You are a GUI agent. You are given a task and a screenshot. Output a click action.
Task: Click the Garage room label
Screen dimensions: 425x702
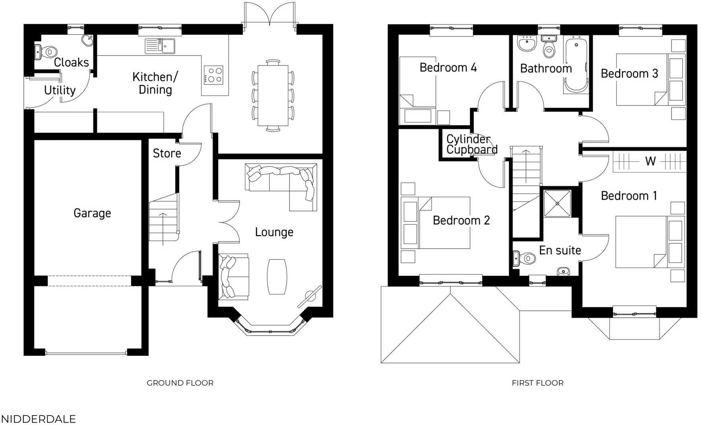coord(92,213)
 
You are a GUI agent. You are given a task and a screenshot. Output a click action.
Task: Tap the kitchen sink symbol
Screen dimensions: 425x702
coord(160,46)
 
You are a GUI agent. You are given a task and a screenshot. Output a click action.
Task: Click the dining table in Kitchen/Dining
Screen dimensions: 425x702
coord(273,96)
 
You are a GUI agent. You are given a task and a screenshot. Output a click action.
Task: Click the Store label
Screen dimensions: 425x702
coord(167,153)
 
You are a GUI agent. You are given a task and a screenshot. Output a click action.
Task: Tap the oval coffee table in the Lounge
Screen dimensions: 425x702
coord(277,276)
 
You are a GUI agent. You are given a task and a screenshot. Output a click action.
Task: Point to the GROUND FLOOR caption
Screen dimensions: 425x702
coord(180,383)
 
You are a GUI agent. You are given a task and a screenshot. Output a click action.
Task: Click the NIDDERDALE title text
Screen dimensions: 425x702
coord(38,419)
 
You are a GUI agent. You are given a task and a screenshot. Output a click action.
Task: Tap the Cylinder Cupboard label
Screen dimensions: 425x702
coord(471,144)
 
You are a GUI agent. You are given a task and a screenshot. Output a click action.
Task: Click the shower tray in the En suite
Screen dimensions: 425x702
coord(557,204)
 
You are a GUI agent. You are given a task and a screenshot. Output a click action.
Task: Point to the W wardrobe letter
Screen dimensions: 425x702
coord(650,161)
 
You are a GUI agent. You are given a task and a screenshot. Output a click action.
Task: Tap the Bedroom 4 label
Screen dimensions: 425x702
coord(448,68)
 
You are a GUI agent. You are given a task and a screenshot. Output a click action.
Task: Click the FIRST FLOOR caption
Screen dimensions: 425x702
coord(537,383)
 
